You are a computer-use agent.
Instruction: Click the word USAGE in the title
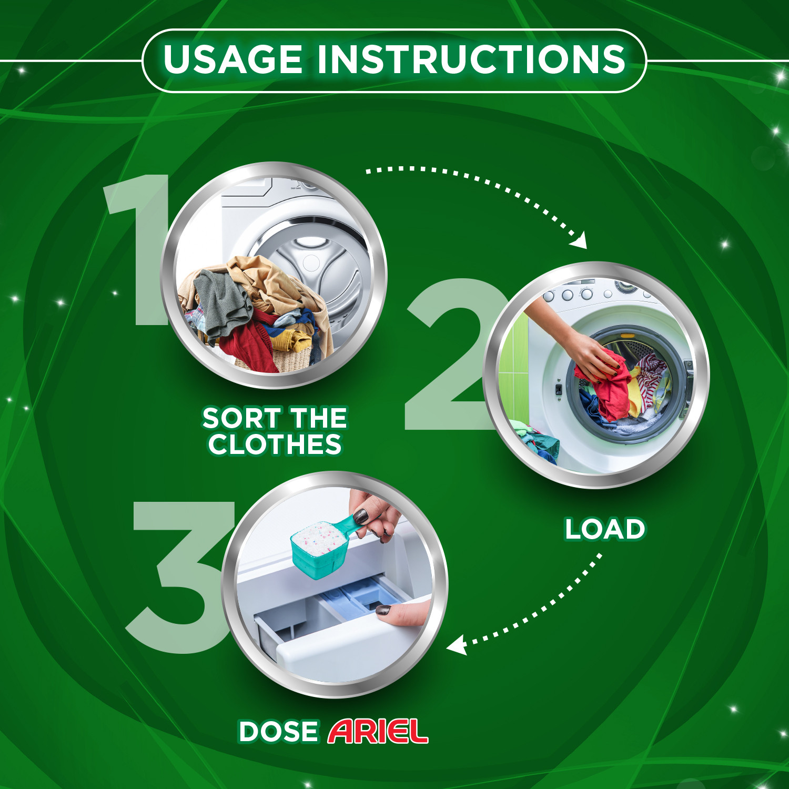click(233, 59)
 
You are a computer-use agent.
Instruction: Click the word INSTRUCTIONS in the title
click(471, 59)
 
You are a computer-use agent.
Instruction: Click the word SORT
click(241, 419)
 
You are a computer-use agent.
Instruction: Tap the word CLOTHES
click(275, 444)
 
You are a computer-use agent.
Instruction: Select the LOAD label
click(605, 529)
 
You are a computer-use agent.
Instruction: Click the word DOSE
click(278, 732)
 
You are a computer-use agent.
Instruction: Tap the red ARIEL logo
click(378, 732)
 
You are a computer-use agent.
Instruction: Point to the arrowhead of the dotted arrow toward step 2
click(580, 241)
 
